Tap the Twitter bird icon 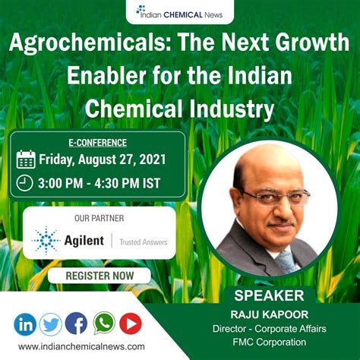point(50,324)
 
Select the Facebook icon point(76,324)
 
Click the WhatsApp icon point(104,324)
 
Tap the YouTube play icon point(130,324)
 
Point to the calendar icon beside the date point(26,159)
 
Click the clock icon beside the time point(26,182)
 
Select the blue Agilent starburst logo point(46,240)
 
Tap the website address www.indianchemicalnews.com point(84,346)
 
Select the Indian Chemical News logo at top point(180,10)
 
